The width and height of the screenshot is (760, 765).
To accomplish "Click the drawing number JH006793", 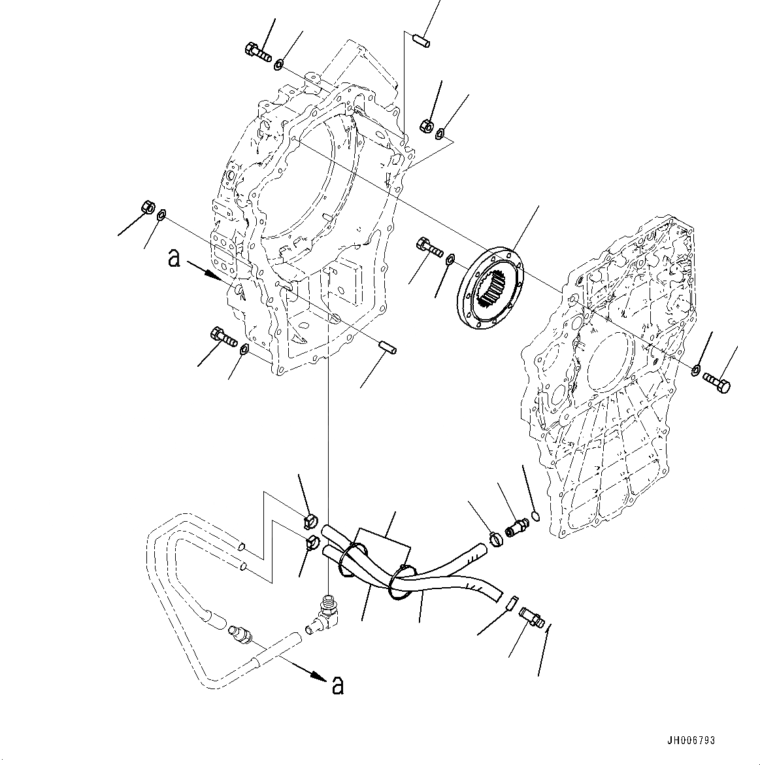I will [691, 740].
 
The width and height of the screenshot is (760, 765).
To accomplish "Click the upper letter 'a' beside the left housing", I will [174, 259].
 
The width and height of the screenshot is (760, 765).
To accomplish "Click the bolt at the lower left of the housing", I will [223, 338].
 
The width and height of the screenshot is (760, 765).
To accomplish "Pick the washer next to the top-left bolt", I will [279, 64].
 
